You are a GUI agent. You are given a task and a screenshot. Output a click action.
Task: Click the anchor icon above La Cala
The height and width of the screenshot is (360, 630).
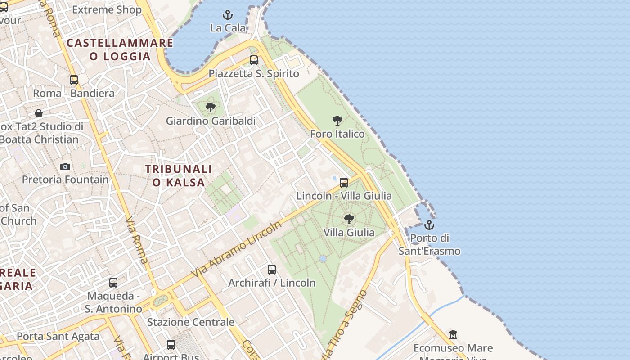pyautogui.click(x=228, y=15)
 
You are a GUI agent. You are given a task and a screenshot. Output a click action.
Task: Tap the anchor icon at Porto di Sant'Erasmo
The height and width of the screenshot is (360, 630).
pyautogui.click(x=429, y=225)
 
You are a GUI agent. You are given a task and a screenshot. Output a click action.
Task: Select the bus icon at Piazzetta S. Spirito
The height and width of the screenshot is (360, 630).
pyautogui.click(x=254, y=60)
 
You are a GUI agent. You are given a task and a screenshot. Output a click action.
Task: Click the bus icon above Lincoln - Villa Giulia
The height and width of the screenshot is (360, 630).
pyautogui.click(x=344, y=183)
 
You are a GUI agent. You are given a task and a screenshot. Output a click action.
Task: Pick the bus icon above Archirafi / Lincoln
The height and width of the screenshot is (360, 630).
pyautogui.click(x=272, y=270)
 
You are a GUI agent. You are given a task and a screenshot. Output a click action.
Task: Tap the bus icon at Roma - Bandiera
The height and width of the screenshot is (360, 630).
pyautogui.click(x=74, y=80)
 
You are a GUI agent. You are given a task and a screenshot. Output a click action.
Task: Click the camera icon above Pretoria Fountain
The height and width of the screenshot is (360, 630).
pyautogui.click(x=65, y=167)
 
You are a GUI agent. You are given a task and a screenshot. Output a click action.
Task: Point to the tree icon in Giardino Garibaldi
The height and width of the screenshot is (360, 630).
pyautogui.click(x=210, y=108)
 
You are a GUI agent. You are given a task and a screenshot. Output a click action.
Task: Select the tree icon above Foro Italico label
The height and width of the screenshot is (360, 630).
pyautogui.click(x=337, y=121)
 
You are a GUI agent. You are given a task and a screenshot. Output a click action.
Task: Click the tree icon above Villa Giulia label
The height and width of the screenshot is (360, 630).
pyautogui.click(x=349, y=219)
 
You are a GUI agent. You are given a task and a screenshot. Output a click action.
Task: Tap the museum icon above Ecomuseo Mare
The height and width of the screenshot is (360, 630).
pyautogui.click(x=453, y=335)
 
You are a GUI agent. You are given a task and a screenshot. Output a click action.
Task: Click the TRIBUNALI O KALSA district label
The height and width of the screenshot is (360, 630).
pyautogui.click(x=179, y=175)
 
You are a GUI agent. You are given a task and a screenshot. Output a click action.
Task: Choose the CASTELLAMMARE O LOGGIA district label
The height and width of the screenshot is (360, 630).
pyautogui.click(x=120, y=49)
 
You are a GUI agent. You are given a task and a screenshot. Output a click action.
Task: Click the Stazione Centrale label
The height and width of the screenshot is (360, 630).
pyautogui.click(x=191, y=322)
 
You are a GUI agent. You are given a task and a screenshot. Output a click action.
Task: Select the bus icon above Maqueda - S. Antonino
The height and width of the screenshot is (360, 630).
pyautogui.click(x=113, y=283)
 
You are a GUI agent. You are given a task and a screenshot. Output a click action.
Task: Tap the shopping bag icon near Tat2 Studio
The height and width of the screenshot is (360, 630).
pyautogui.click(x=39, y=113)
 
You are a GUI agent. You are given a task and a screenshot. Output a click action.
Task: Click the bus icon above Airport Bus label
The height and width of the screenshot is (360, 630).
pyautogui.click(x=171, y=345)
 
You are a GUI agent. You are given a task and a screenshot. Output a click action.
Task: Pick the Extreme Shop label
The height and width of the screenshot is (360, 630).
pyautogui.click(x=107, y=10)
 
